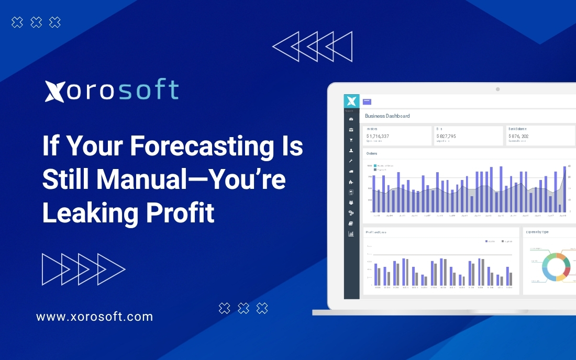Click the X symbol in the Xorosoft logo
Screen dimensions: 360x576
pyautogui.click(x=54, y=91)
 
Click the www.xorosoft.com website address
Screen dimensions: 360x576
pyautogui.click(x=94, y=317)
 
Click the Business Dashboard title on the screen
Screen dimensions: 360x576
pyautogui.click(x=387, y=116)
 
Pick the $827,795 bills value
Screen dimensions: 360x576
pyautogui.click(x=446, y=136)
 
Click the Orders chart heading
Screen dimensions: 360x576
pyautogui.click(x=372, y=154)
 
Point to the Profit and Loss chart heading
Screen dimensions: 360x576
pyautogui.click(x=376, y=232)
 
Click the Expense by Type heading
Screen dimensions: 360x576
pyautogui.click(x=537, y=232)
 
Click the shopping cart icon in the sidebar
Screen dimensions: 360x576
pyautogui.click(x=351, y=140)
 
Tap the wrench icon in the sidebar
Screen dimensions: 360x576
pyautogui.click(x=351, y=161)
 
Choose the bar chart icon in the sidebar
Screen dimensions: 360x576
pyautogui.click(x=351, y=234)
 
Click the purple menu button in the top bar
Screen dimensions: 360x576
pyautogui.click(x=367, y=102)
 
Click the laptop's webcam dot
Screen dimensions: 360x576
pyautogui.click(x=497, y=89)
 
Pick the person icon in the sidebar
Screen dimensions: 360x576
pyautogui.click(x=351, y=150)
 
